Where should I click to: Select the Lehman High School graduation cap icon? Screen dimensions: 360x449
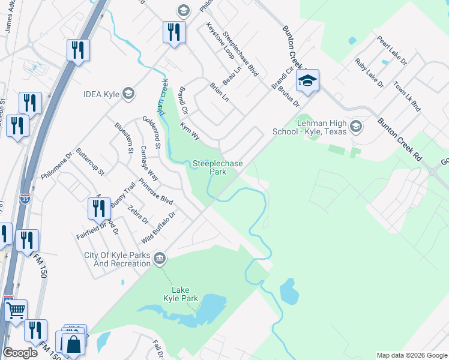tap(357, 126)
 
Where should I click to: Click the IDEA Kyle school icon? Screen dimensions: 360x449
tap(127, 94)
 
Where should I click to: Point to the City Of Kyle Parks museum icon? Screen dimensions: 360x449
tap(160, 259)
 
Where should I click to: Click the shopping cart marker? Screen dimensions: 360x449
tap(16, 311)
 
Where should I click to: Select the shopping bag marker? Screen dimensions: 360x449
tap(74, 344)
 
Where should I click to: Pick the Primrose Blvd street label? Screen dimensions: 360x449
tap(155, 191)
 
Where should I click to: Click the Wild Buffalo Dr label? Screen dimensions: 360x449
tap(158, 227)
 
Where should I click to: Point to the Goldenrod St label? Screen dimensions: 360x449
tap(151, 133)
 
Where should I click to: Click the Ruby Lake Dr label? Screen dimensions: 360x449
tap(369, 73)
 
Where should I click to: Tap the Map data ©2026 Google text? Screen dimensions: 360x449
tap(411, 355)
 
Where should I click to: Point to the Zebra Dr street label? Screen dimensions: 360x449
tap(138, 215)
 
